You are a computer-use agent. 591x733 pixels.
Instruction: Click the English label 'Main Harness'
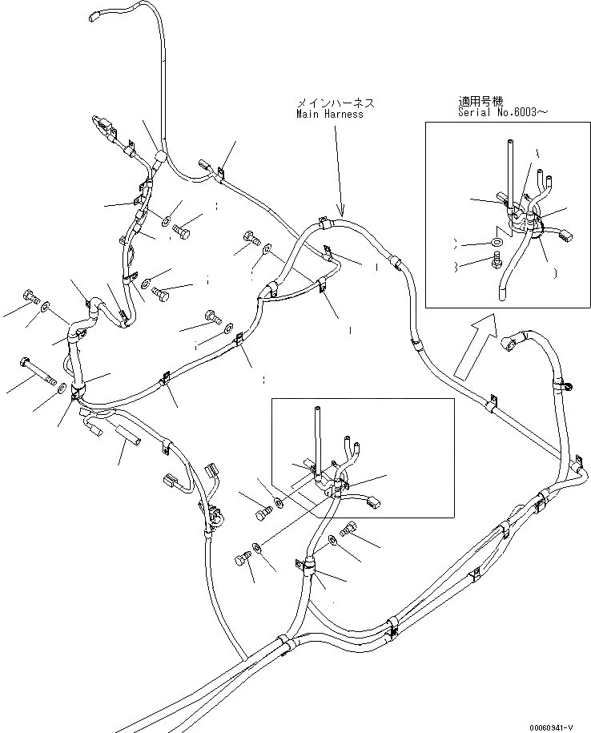click(330, 115)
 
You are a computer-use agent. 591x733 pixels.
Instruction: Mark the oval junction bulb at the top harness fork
click(159, 157)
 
